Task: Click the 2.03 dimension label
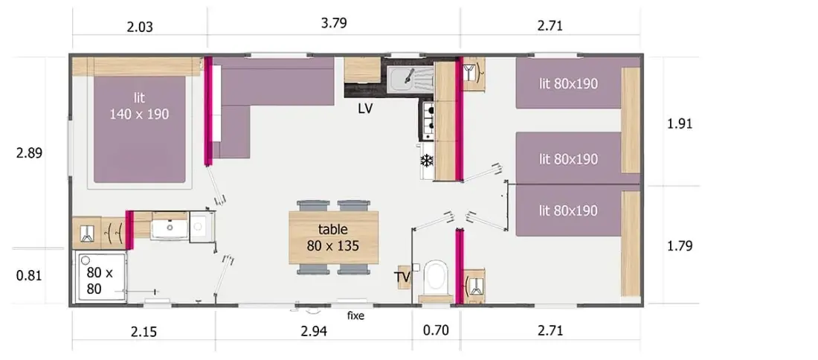[140, 27]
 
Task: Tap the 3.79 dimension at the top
[334, 23]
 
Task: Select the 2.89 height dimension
[29, 153]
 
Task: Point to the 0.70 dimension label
[436, 331]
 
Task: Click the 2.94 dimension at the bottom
[314, 331]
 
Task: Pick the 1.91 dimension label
[680, 124]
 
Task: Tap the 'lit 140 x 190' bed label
[139, 106]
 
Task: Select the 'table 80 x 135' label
[333, 237]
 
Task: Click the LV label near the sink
[365, 109]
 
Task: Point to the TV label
[403, 277]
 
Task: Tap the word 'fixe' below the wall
[355, 316]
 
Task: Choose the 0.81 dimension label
[29, 275]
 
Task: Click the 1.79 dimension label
[680, 245]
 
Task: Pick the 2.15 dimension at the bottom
[144, 331]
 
